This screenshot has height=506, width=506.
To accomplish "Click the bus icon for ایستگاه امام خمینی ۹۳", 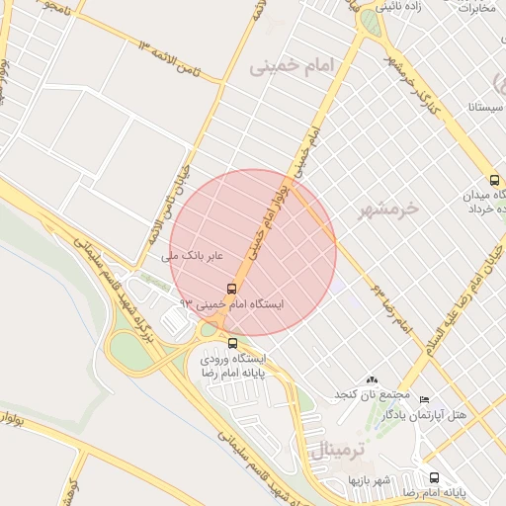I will (x=231, y=290).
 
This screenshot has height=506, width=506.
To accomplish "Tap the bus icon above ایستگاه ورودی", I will (x=232, y=343).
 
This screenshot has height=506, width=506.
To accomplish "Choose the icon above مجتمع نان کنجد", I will (x=372, y=379).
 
